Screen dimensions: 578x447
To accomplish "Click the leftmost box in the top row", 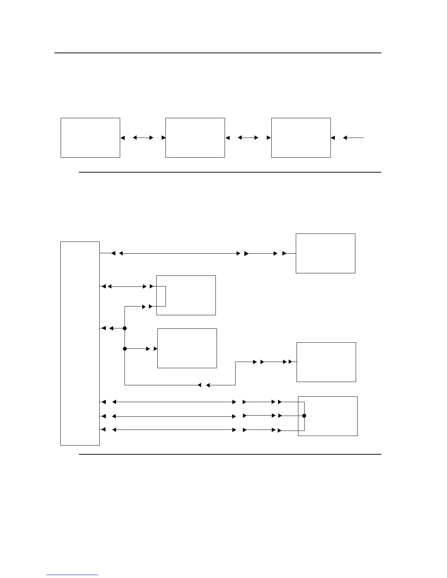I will point(90,138).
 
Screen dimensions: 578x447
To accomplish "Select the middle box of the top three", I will point(195,138).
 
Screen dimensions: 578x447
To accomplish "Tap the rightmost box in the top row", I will point(301,138).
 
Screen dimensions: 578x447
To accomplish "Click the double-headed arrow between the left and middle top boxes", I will point(143,138).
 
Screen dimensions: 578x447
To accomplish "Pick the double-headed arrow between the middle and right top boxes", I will point(248,138).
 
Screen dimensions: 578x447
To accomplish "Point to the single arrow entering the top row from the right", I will point(354,138).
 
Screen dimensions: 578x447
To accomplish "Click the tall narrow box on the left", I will point(80,343).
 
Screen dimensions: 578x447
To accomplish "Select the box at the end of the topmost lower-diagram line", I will point(325,253).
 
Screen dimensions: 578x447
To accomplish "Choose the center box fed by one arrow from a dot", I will point(187,348).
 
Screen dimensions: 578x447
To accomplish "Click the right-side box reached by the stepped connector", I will point(326,362).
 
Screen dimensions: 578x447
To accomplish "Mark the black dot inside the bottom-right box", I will point(304,416).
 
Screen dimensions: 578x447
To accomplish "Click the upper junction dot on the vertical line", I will point(125,328).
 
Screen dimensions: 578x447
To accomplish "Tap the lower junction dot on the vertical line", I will point(125,349).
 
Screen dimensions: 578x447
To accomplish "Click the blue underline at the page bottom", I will point(72,575).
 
